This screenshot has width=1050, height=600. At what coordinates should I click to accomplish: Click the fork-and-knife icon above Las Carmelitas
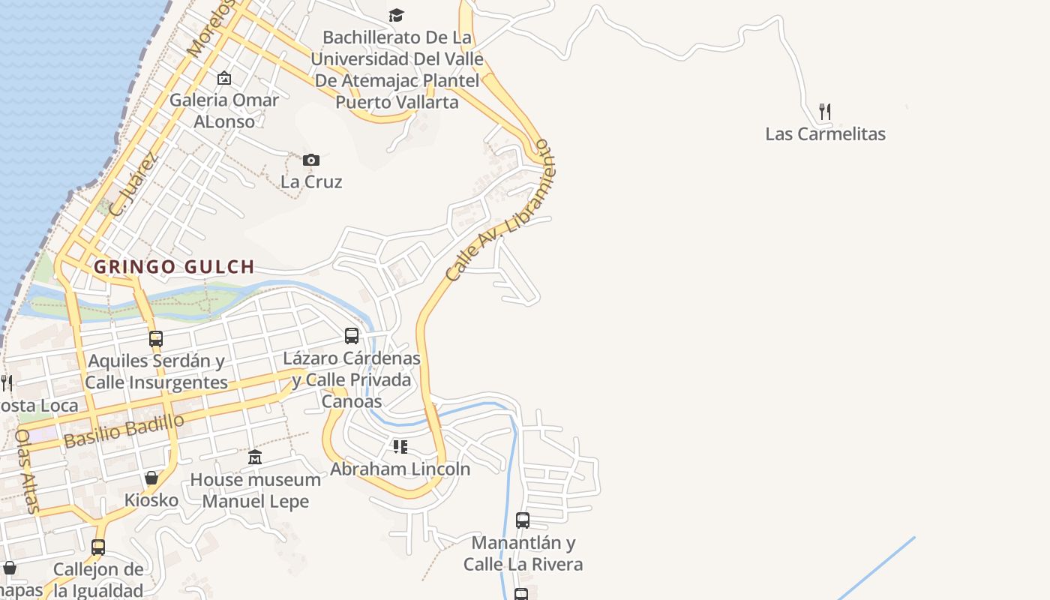click(x=825, y=112)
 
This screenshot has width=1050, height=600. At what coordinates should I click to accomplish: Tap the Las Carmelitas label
click(x=825, y=134)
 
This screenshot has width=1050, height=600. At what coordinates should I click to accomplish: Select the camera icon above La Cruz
click(x=311, y=160)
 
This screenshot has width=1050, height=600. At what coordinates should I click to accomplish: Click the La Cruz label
click(x=311, y=181)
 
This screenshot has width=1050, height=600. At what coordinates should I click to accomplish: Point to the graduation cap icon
click(x=396, y=15)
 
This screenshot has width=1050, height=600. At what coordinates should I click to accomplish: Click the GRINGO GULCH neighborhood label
click(x=174, y=266)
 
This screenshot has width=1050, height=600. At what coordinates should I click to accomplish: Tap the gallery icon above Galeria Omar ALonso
click(x=224, y=78)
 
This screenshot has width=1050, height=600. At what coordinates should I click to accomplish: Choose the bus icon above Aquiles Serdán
click(x=156, y=338)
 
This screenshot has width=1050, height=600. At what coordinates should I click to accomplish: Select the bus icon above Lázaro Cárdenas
click(x=352, y=335)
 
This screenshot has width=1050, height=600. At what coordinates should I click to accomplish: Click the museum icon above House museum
click(x=255, y=457)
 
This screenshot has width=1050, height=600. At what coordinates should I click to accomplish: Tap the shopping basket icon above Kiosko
click(x=151, y=478)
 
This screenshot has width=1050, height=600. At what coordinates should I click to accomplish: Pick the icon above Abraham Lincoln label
click(x=400, y=447)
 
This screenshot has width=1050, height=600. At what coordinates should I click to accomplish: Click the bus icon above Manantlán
click(x=523, y=520)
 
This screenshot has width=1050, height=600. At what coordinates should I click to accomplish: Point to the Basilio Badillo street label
click(x=124, y=430)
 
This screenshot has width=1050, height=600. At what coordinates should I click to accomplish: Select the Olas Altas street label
click(x=26, y=471)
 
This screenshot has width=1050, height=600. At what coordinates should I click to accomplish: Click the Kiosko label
click(x=151, y=500)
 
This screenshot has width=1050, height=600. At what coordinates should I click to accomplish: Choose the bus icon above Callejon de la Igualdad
click(x=98, y=547)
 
